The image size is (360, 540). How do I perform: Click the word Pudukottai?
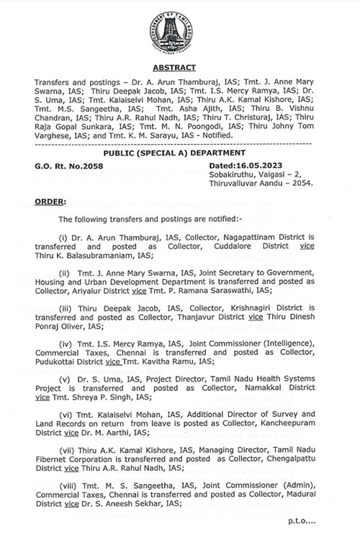77,361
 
